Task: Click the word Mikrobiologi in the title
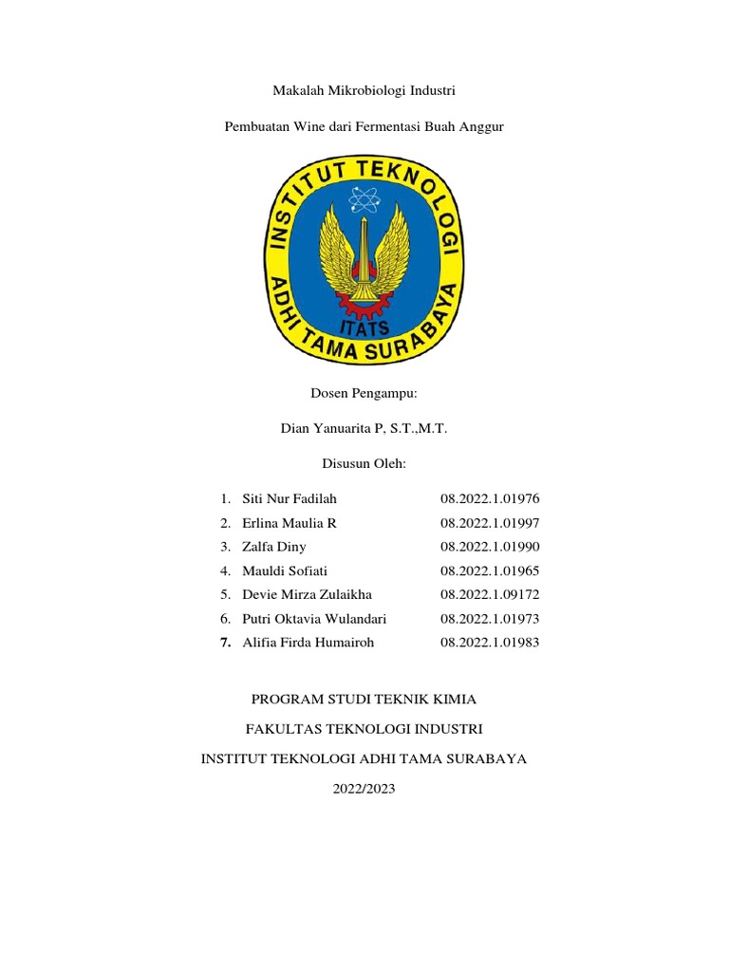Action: coord(364,90)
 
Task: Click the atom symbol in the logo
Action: coord(364,199)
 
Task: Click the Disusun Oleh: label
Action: coord(364,464)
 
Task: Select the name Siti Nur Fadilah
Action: coord(290,499)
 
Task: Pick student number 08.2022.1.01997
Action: coord(490,523)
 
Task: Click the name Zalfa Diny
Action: coord(274,547)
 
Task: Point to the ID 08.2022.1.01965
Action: coord(490,570)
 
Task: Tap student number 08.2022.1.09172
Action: coord(490,594)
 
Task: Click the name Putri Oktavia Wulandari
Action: coord(314,619)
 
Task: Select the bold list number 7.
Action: coord(225,643)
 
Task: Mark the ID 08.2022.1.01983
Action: coord(490,643)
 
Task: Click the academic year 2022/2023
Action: coord(364,789)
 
